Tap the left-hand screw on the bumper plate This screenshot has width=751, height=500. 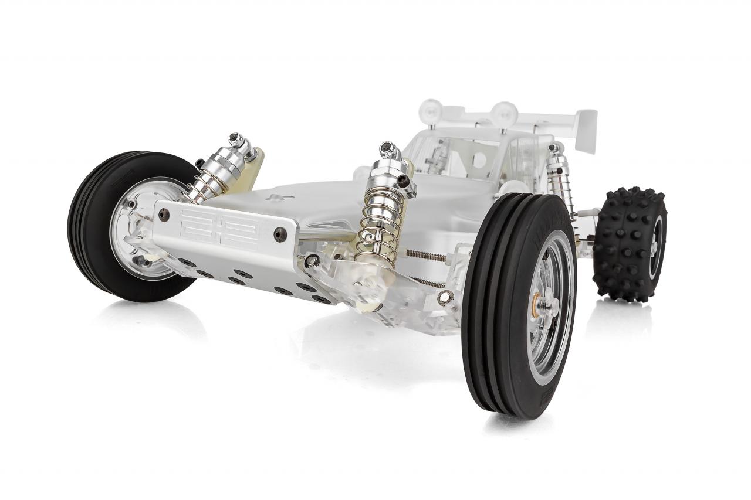point(164,215)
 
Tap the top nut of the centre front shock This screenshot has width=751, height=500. point(387,148)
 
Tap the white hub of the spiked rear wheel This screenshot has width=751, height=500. point(656,246)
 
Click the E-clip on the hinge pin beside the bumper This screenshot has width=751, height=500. point(312,260)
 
